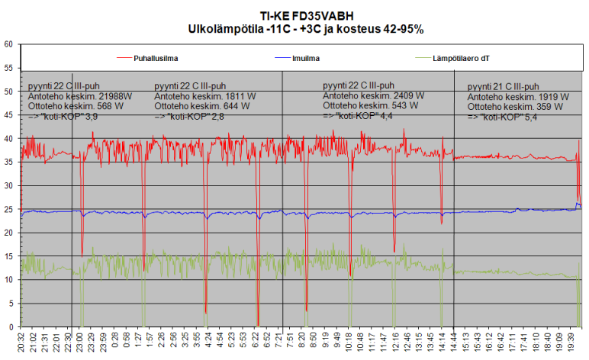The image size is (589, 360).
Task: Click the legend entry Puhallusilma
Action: coord(159,57)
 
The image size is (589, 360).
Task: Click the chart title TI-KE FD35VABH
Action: coord(294,15)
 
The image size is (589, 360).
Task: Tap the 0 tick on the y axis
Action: coord(10,327)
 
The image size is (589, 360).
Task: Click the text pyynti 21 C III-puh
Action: coord(504,86)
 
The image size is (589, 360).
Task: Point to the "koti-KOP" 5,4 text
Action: coord(507,117)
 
